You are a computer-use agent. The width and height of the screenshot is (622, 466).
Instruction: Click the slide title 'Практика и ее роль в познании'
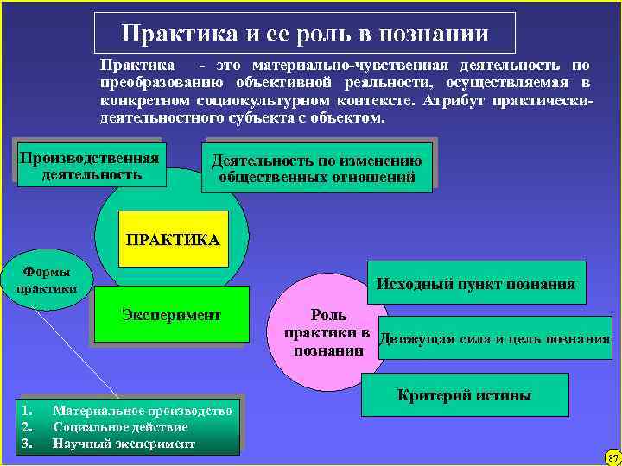pos(305,34)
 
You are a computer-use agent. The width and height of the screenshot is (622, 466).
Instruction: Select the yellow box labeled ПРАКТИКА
pos(173,238)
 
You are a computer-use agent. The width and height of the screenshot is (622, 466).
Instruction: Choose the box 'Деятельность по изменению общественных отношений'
pos(317,168)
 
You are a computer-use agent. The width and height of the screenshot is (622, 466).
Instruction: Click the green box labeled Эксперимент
pos(171,316)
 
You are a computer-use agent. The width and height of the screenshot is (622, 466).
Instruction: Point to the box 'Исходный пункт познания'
pos(476,285)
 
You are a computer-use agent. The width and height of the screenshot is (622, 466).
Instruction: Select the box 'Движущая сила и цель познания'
pos(494,338)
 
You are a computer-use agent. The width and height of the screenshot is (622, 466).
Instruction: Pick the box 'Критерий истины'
pos(464,396)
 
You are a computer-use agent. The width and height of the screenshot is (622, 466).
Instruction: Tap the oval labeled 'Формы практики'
pos(47,278)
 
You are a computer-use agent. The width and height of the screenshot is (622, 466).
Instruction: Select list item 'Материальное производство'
pos(143,411)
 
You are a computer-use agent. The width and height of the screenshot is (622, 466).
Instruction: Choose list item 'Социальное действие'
pos(120,427)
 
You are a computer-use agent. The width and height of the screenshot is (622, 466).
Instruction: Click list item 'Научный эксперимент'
pos(124,444)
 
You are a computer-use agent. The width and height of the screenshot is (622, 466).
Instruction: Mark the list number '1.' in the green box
pos(28,411)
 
